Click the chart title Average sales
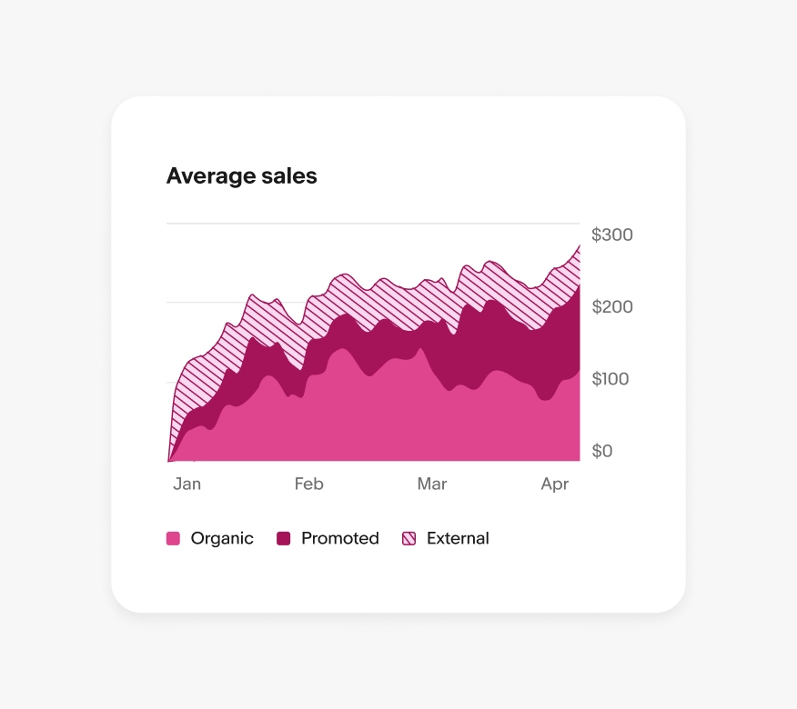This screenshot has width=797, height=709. (241, 175)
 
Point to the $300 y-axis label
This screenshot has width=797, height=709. (611, 235)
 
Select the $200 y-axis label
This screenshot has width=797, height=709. (611, 307)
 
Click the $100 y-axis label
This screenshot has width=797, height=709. (610, 379)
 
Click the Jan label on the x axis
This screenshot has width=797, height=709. (187, 484)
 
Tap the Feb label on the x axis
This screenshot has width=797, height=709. (308, 484)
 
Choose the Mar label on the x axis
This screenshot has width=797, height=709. (432, 484)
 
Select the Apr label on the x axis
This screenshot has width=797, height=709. (555, 484)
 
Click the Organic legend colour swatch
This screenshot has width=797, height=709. (173, 539)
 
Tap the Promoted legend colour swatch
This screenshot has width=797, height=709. (284, 539)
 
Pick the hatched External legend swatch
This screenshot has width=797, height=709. (409, 539)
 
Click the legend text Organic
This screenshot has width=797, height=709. (222, 538)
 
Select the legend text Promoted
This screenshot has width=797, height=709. (340, 538)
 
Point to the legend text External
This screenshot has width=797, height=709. (458, 538)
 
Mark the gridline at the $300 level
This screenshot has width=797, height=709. (373, 223)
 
